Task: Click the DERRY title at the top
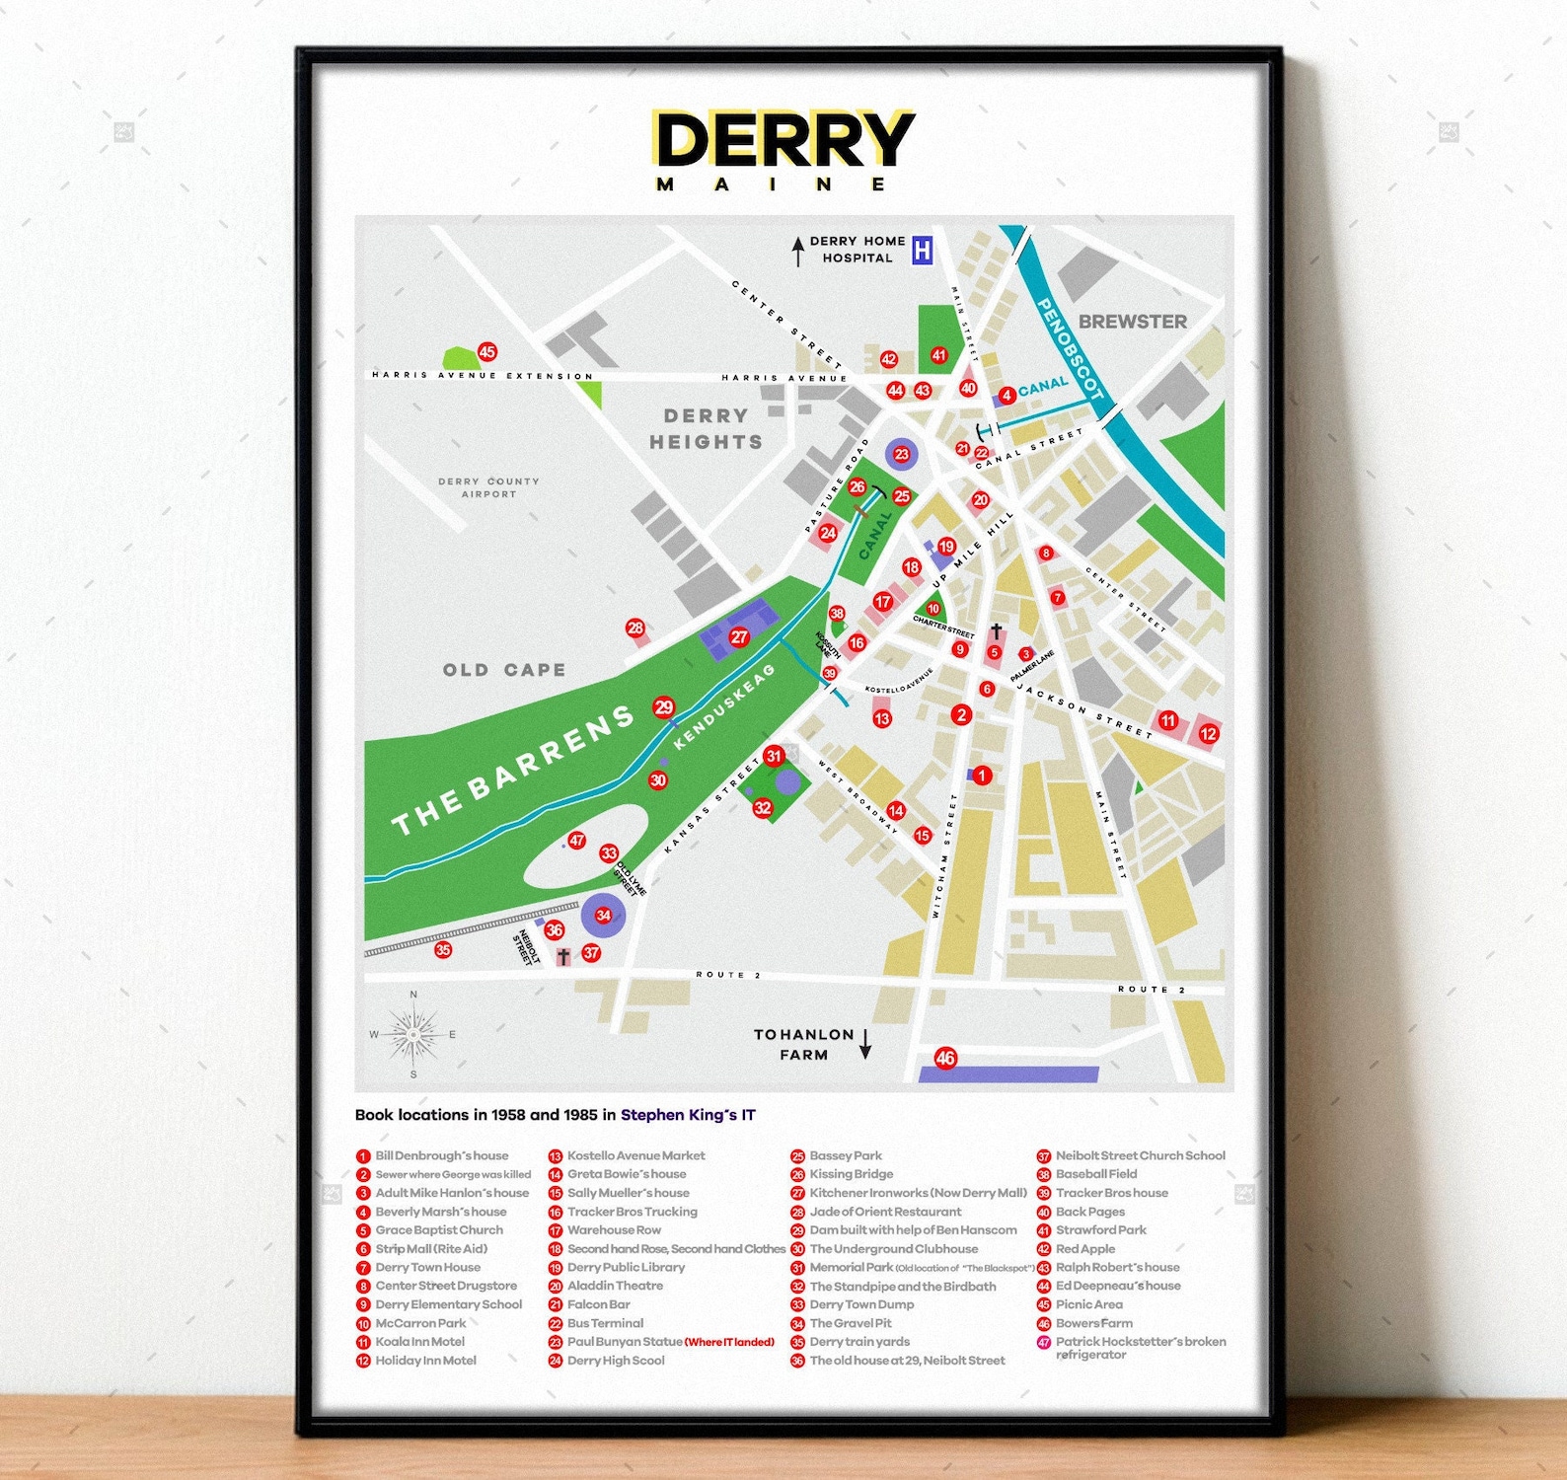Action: click(x=784, y=140)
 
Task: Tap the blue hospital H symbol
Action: click(x=922, y=251)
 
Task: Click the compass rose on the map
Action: click(x=413, y=1035)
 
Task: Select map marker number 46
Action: click(x=945, y=1058)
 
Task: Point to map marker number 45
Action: click(x=486, y=351)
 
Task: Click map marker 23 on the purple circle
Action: click(x=901, y=454)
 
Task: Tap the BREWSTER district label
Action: click(x=1132, y=322)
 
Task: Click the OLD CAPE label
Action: click(x=504, y=670)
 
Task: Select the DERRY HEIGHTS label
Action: click(x=706, y=429)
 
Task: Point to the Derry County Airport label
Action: click(x=488, y=487)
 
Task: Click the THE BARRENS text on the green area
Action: click(x=513, y=770)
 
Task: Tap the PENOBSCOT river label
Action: click(x=1068, y=350)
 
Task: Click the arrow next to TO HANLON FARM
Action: click(x=865, y=1044)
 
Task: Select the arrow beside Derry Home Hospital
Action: click(x=797, y=251)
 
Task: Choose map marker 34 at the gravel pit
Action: click(x=603, y=915)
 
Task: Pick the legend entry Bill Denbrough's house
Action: click(x=441, y=1155)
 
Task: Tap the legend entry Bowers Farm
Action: click(x=1093, y=1323)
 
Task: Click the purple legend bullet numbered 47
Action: click(x=1043, y=1343)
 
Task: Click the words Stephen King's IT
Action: click(x=688, y=1115)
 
